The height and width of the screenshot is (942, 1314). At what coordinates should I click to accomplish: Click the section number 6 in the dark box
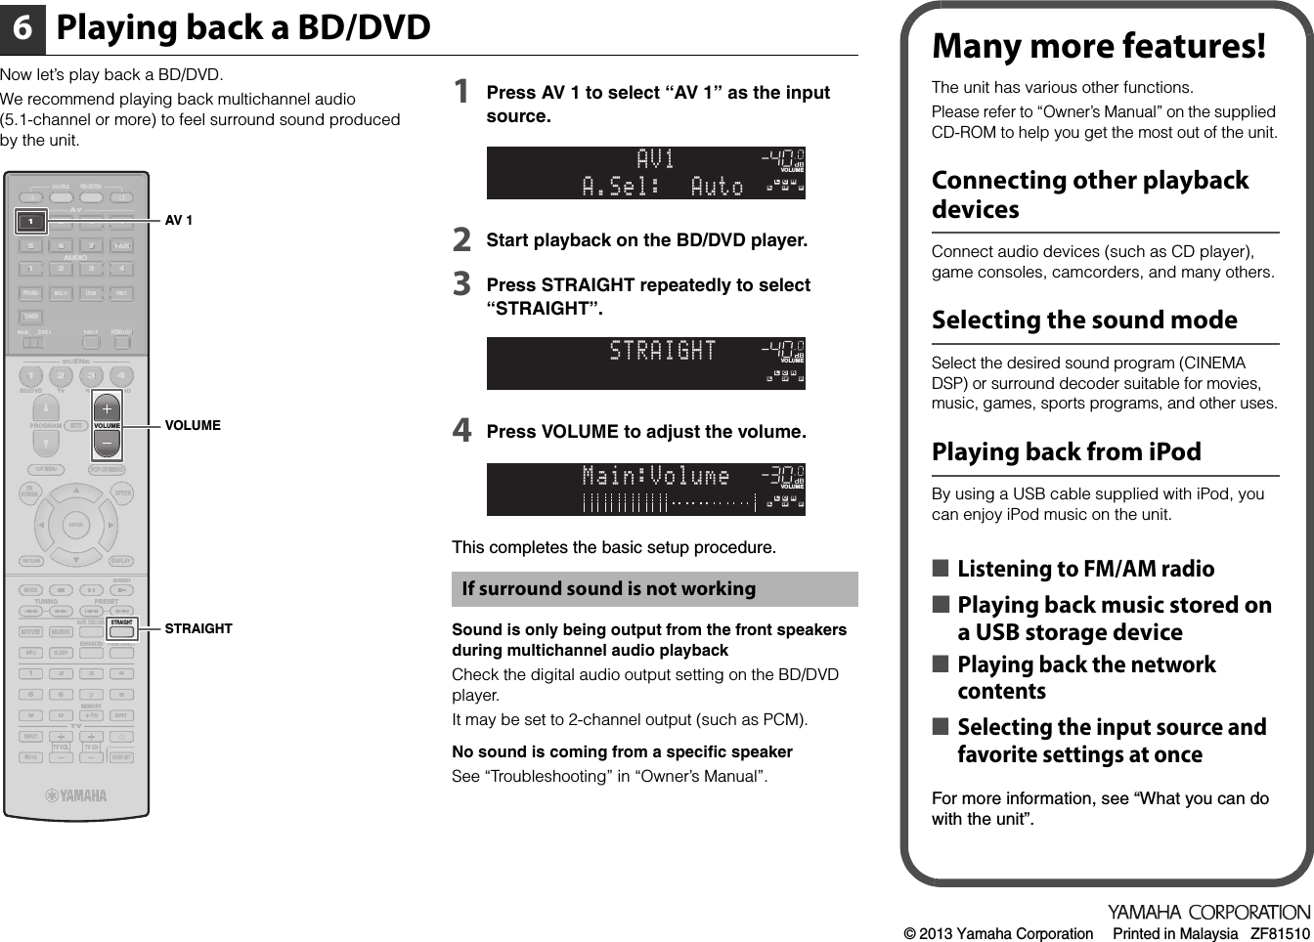pyautogui.click(x=22, y=29)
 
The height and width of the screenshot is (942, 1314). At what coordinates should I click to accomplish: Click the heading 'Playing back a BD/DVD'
pyautogui.click(x=243, y=28)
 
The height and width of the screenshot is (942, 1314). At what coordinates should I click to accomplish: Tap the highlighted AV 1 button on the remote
pyautogui.click(x=31, y=221)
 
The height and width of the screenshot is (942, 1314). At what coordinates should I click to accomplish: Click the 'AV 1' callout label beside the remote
pyautogui.click(x=179, y=221)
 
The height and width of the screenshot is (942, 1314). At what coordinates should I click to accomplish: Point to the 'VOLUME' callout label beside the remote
pyautogui.click(x=193, y=426)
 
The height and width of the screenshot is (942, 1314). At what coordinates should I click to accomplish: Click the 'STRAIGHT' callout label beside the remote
pyautogui.click(x=198, y=629)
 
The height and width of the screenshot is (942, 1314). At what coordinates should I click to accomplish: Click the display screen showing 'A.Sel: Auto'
pyautogui.click(x=645, y=173)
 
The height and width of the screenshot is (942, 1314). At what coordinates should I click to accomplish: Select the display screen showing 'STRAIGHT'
pyautogui.click(x=645, y=364)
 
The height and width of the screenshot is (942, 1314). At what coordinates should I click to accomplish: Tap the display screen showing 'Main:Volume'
pyautogui.click(x=645, y=490)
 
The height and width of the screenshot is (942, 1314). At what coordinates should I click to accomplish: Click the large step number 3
pyautogui.click(x=461, y=284)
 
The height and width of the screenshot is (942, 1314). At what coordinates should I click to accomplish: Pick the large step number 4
pyautogui.click(x=461, y=430)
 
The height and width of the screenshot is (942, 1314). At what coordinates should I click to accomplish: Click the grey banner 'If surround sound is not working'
pyautogui.click(x=654, y=589)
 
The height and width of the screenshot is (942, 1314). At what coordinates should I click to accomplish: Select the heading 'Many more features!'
pyautogui.click(x=1098, y=46)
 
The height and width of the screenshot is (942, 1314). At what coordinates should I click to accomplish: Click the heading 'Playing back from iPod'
pyautogui.click(x=1066, y=452)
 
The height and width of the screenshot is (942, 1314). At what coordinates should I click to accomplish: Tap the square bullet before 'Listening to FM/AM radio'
pyautogui.click(x=940, y=569)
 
